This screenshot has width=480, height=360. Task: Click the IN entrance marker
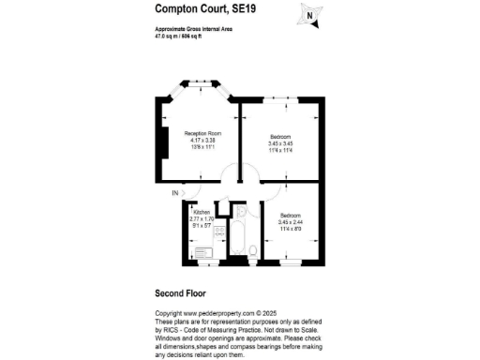(174, 194)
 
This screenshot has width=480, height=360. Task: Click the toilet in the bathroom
(254, 249)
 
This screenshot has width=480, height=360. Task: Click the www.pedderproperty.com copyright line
(216, 313)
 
